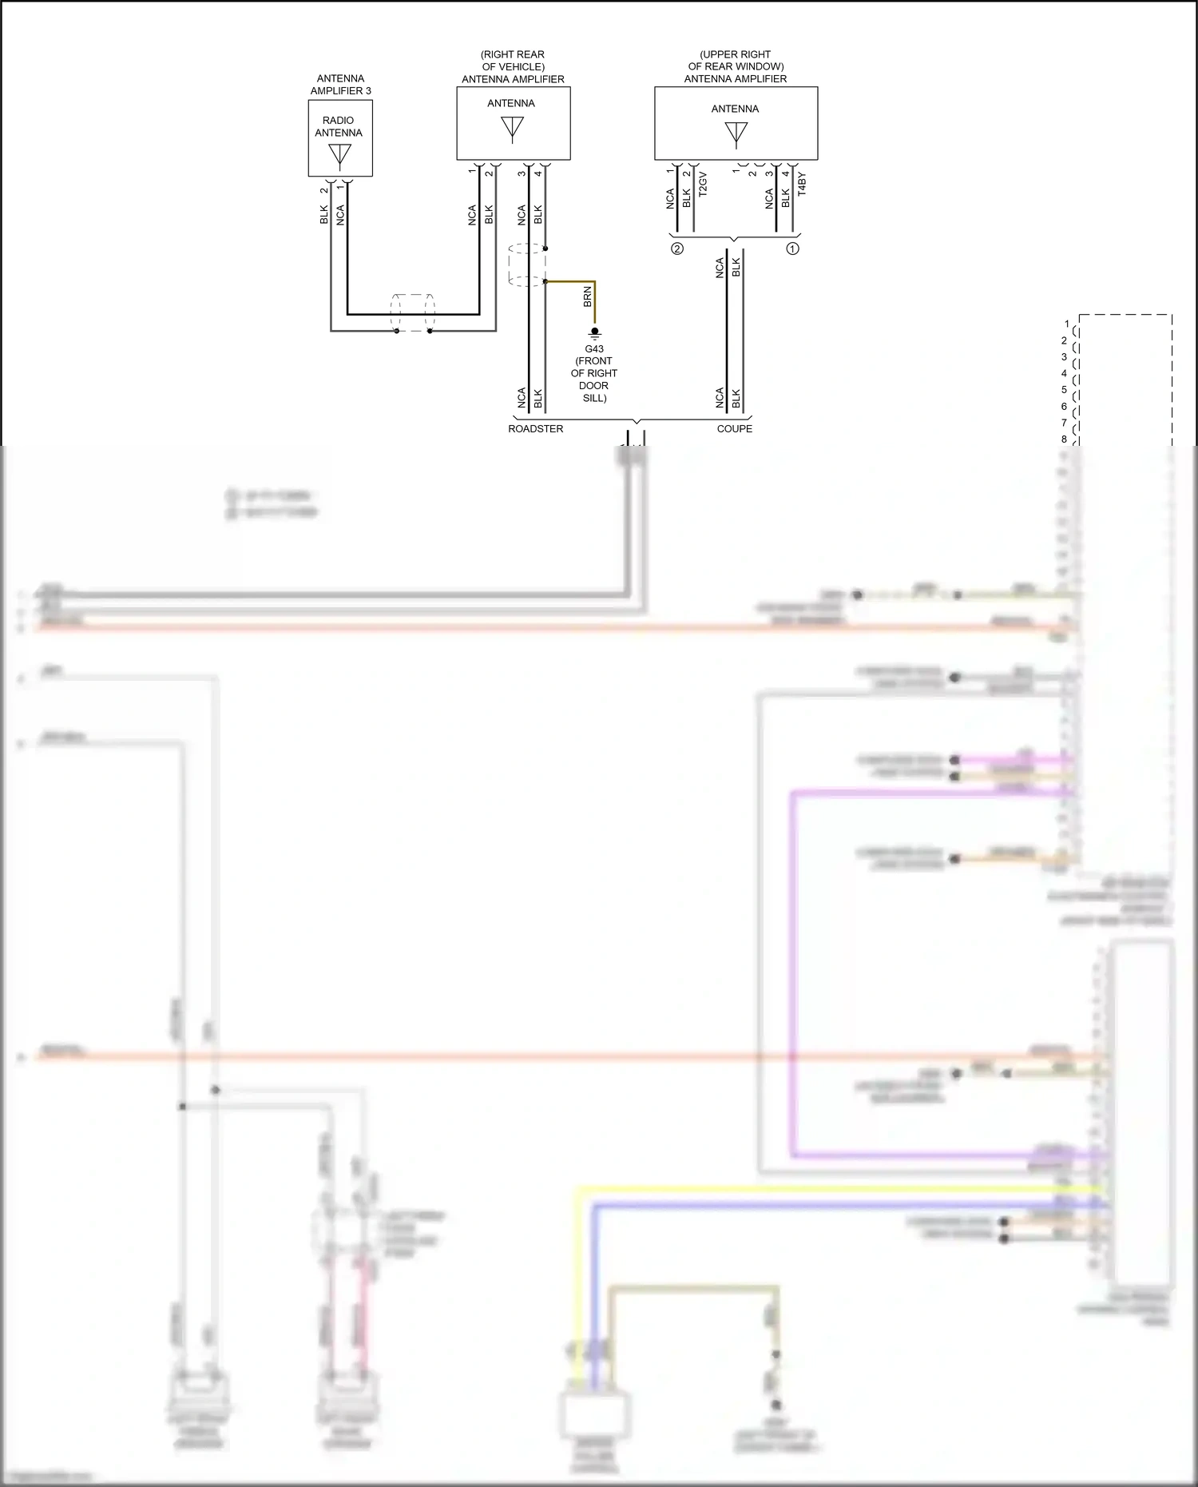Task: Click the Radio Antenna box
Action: (340, 137)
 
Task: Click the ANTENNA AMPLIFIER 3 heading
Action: (340, 85)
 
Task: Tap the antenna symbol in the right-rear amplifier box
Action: (512, 129)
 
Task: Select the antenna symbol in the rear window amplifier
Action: (736, 134)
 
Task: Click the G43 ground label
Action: (594, 349)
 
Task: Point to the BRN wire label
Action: (588, 296)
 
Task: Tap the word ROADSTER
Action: (536, 429)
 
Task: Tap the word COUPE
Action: (735, 429)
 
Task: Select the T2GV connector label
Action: (703, 184)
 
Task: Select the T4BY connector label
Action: (802, 184)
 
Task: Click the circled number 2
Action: (677, 248)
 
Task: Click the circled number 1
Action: (793, 248)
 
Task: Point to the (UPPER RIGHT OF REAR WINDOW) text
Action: (736, 61)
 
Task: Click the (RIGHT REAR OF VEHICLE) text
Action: (513, 61)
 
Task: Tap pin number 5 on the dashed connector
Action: (1064, 390)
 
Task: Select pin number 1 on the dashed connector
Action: (1067, 324)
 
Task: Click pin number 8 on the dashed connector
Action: (1064, 439)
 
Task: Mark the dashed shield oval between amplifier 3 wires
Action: (413, 313)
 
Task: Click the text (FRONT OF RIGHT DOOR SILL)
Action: (594, 380)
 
